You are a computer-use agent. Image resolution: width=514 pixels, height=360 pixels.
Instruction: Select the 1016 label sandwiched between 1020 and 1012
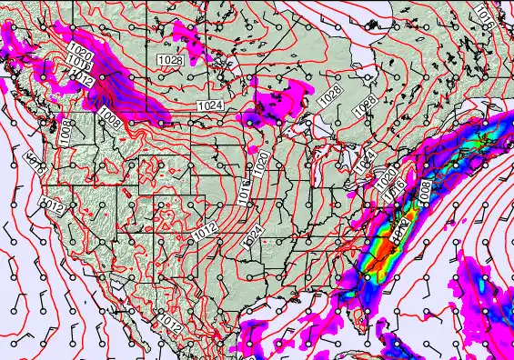[77, 65]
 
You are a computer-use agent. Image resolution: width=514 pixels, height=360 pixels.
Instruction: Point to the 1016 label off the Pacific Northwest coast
[35, 165]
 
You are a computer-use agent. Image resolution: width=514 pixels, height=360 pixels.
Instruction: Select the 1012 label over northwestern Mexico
[170, 325]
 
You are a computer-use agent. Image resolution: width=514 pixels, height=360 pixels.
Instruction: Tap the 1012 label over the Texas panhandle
[205, 228]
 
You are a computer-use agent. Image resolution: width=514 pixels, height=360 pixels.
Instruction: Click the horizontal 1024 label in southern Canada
[209, 106]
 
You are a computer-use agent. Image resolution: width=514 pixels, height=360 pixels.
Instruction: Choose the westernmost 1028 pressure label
[168, 60]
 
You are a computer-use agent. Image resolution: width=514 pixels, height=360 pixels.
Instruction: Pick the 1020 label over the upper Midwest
[262, 164]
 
